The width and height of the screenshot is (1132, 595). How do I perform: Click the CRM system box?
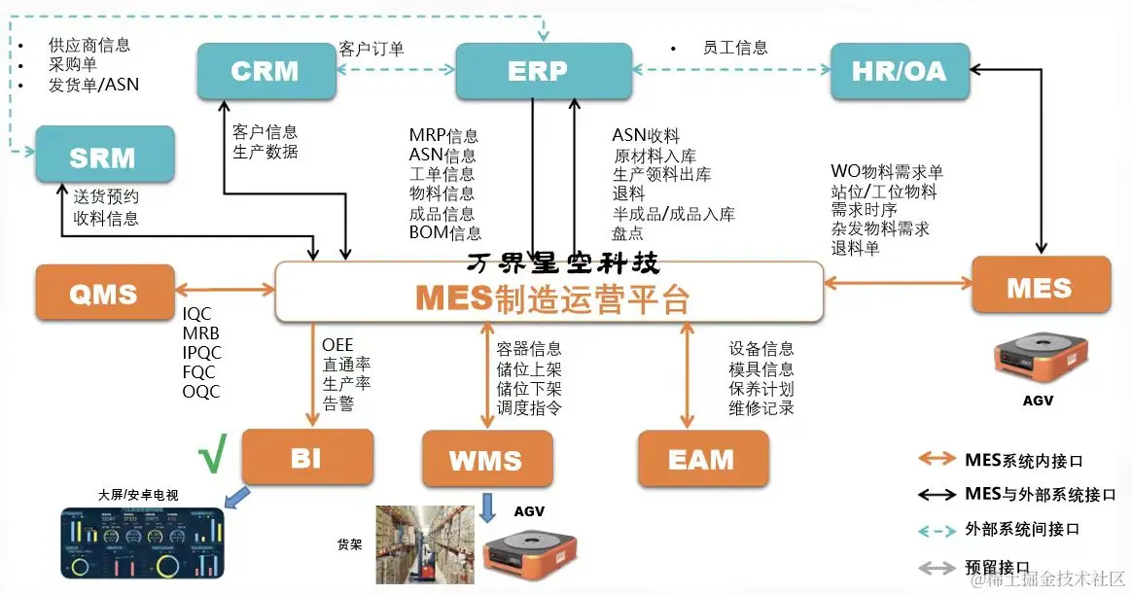pyautogui.click(x=265, y=71)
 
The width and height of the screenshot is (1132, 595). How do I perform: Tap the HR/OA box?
pyautogui.click(x=899, y=71)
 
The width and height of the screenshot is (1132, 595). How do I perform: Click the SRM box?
pyautogui.click(x=104, y=155)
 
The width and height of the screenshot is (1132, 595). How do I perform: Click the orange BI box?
pyautogui.click(x=306, y=457)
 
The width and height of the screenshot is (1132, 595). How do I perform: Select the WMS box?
pyautogui.click(x=486, y=459)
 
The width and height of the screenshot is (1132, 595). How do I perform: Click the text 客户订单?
pyautogui.click(x=371, y=49)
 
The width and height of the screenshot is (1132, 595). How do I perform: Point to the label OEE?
pyautogui.click(x=337, y=345)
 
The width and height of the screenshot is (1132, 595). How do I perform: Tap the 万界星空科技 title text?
pyautogui.click(x=563, y=263)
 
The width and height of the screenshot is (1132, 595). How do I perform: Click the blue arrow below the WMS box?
pyautogui.click(x=488, y=507)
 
